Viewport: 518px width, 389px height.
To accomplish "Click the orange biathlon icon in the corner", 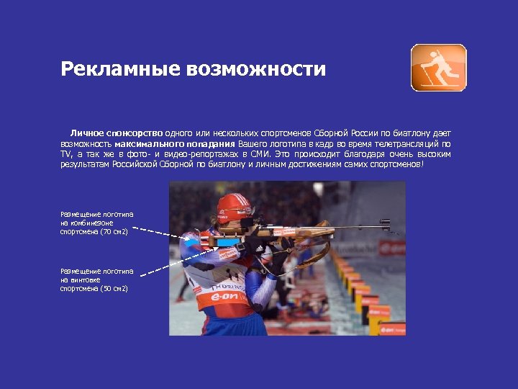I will [x=438, y=68].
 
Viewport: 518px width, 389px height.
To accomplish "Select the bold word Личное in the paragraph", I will [x=86, y=133].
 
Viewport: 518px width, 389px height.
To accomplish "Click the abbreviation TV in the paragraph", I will [x=66, y=154].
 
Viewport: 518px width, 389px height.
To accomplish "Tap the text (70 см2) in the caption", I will [x=114, y=232].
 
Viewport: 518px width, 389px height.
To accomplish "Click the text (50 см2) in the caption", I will [x=114, y=288].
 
